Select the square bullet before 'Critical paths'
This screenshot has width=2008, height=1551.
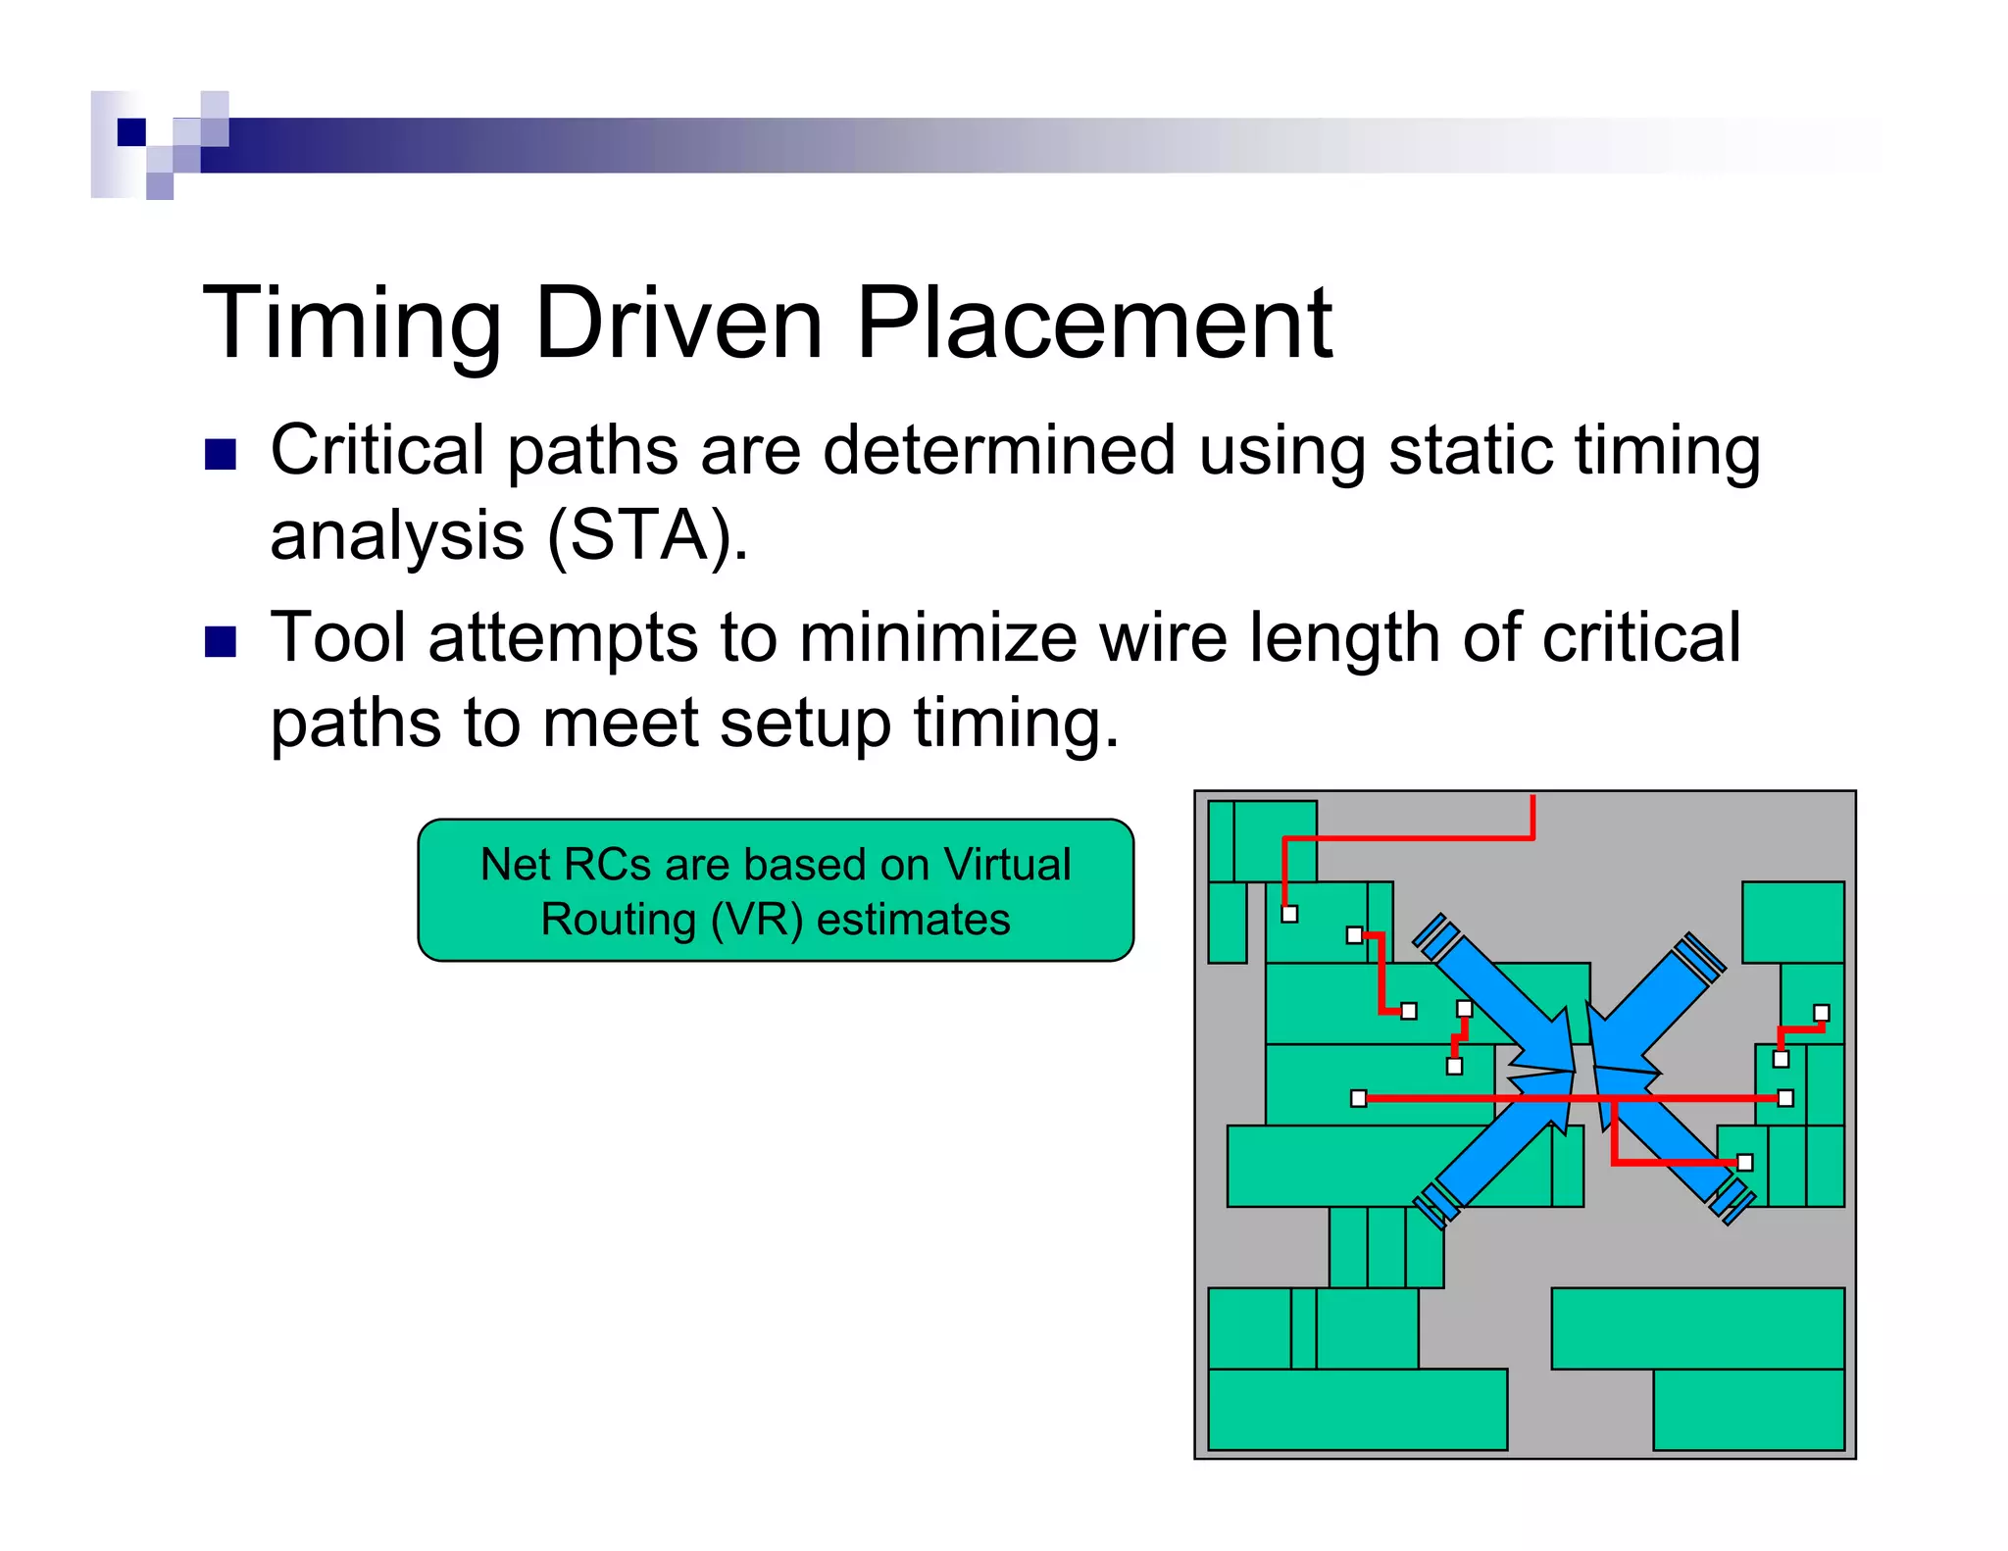(x=221, y=455)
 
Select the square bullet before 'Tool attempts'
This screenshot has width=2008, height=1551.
(x=221, y=641)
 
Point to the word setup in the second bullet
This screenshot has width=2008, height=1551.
(x=804, y=724)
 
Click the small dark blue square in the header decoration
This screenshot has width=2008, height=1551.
(x=131, y=132)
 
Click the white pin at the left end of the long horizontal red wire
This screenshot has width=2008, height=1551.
(x=1358, y=1098)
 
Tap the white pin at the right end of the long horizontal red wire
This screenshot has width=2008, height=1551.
(x=1785, y=1098)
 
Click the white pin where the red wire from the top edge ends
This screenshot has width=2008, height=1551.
(x=1289, y=914)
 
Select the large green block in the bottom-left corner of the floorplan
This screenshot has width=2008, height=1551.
(x=1357, y=1410)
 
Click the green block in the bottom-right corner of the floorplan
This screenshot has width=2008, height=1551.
(x=1748, y=1410)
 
